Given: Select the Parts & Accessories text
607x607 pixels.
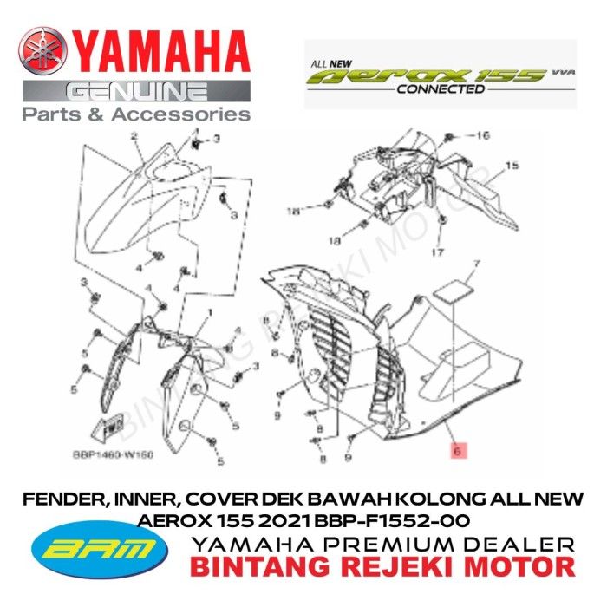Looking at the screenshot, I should (136, 114).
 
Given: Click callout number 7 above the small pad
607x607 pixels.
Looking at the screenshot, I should (475, 261).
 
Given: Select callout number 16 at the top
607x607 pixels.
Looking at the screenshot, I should (484, 136).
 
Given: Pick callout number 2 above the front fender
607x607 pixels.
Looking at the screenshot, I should (134, 136).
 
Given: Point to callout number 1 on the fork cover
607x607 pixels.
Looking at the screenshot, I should (208, 310).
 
